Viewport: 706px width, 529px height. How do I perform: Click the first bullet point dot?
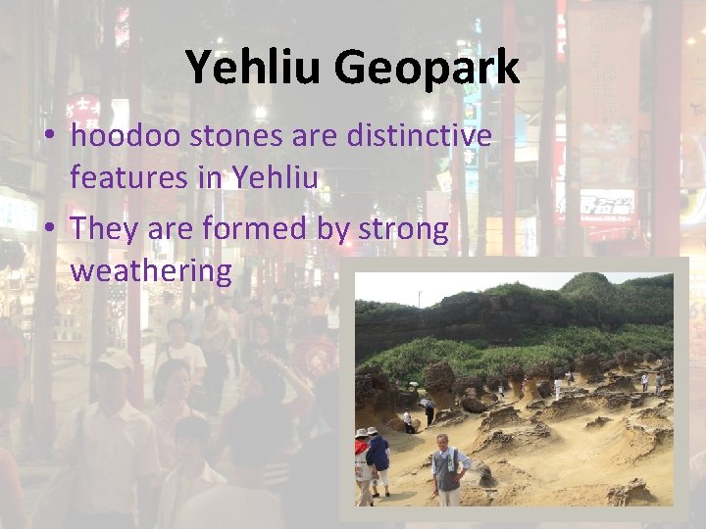click(49, 137)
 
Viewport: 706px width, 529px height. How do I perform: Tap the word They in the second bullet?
click(105, 229)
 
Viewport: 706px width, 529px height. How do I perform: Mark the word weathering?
click(150, 270)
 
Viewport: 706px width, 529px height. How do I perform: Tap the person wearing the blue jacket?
click(378, 456)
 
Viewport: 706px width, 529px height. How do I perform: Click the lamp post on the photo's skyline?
click(421, 297)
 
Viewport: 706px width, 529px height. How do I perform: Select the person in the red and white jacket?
click(362, 457)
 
